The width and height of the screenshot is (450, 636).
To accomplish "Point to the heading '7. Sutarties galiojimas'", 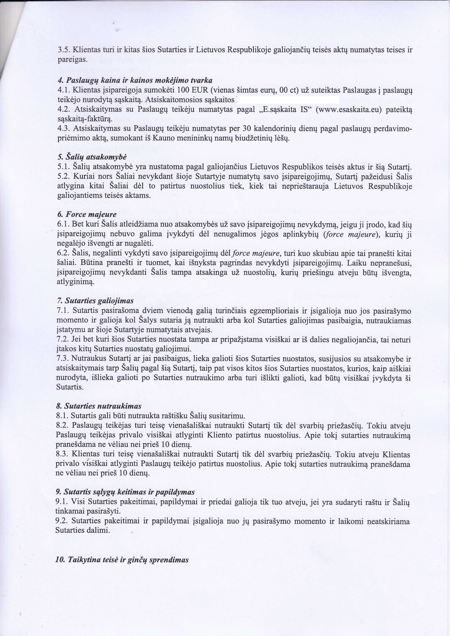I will pos(95,300).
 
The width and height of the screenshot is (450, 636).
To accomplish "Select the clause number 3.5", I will pos(64,50).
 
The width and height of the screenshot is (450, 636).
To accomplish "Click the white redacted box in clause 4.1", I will pos(288,99).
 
